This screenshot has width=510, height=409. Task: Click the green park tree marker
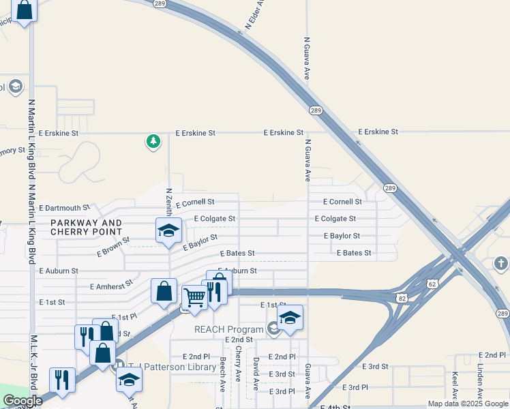pyautogui.click(x=153, y=142)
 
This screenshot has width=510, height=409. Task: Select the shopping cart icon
pyautogui.click(x=194, y=297)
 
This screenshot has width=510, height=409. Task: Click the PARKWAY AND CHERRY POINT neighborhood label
pyautogui.click(x=86, y=228)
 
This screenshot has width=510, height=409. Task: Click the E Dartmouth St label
pyautogui.click(x=65, y=207)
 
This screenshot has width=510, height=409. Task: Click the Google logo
pyautogui.click(x=22, y=401)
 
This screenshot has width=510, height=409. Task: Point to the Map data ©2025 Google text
pyautogui.click(x=468, y=404)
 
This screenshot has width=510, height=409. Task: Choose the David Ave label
pyautogui.click(x=256, y=370)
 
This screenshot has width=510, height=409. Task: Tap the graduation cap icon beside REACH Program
pyautogui.click(x=290, y=317)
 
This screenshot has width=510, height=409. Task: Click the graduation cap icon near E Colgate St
pyautogui.click(x=168, y=230)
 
